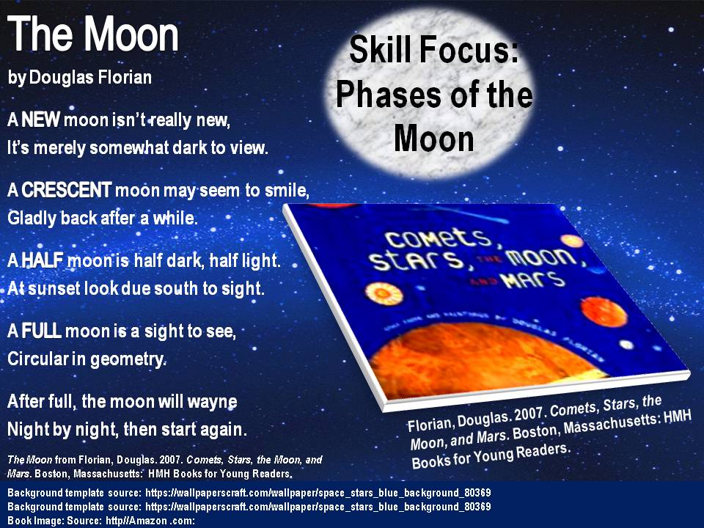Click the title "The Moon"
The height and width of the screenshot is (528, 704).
[x=93, y=34]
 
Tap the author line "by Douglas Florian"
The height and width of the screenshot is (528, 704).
[x=80, y=77]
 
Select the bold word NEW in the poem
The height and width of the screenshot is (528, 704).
[x=45, y=119]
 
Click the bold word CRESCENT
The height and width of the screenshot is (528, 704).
[x=67, y=191]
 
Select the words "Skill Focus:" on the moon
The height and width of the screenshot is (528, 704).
[x=434, y=51]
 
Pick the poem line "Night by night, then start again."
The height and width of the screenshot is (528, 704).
[x=126, y=428]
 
